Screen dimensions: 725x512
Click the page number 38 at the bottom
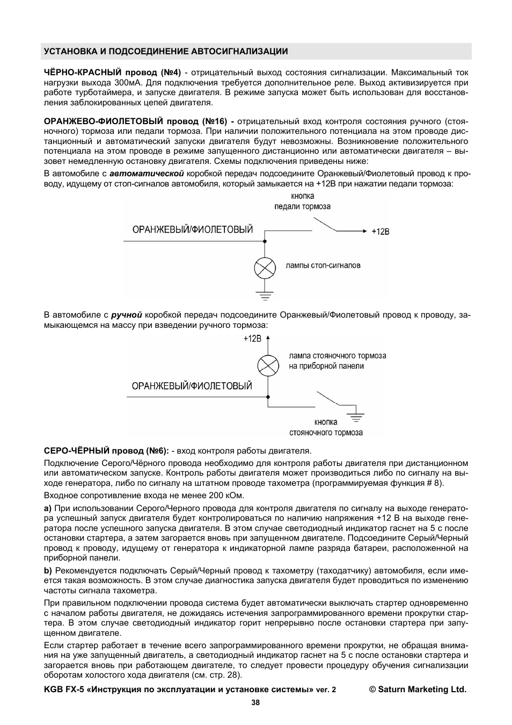255,702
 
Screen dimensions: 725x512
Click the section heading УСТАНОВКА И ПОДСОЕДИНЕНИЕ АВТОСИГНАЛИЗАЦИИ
166,52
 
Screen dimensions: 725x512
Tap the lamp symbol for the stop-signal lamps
265,267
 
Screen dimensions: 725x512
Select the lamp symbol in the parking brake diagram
268,365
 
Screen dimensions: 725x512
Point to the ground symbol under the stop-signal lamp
265,294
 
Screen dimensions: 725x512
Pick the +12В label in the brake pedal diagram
380,231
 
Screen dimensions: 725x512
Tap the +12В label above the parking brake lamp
252,339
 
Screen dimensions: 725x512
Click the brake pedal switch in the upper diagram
325,223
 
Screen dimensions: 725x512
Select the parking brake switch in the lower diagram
332,399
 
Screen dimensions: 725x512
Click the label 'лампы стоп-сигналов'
323,265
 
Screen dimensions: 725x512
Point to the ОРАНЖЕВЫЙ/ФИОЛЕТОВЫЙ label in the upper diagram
192,230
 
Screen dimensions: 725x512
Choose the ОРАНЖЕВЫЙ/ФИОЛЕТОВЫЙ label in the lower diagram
192,386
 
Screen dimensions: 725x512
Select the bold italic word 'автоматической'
147,174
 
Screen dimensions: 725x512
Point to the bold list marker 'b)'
48,570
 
